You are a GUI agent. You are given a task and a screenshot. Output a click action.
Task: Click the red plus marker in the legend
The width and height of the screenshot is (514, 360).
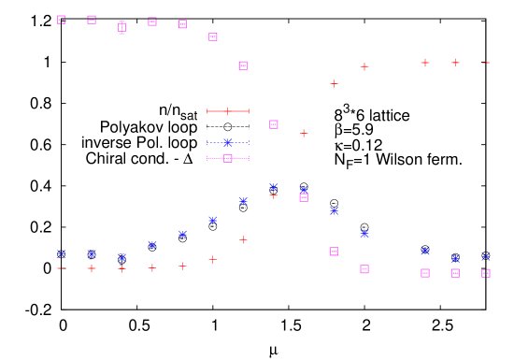(x=228, y=111)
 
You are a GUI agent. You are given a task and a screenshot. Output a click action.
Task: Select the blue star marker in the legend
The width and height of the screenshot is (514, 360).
(x=228, y=143)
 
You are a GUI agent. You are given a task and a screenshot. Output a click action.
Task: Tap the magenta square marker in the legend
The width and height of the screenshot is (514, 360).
(x=228, y=159)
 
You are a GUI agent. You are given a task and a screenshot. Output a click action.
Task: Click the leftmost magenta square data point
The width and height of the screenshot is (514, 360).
(x=62, y=20)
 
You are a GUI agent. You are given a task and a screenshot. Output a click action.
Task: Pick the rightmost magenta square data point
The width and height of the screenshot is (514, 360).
(x=486, y=274)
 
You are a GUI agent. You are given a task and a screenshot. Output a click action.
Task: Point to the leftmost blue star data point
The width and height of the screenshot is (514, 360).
(x=62, y=253)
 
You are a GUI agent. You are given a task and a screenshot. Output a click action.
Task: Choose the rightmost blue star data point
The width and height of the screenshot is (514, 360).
(x=486, y=256)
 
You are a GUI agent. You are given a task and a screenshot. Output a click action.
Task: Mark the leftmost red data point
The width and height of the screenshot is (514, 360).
(x=62, y=268)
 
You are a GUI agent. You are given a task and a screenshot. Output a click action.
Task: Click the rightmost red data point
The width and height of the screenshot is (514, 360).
(x=486, y=63)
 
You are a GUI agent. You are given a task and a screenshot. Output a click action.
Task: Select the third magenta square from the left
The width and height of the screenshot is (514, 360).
(x=122, y=27)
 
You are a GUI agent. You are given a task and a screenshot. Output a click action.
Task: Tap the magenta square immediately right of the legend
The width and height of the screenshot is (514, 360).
(x=274, y=124)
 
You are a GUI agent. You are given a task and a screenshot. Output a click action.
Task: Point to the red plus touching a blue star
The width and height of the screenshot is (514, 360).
(x=274, y=194)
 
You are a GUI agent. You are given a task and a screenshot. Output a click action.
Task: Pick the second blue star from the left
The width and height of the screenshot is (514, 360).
(x=92, y=254)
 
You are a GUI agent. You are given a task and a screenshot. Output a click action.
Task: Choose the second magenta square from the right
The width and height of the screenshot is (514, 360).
(x=455, y=273)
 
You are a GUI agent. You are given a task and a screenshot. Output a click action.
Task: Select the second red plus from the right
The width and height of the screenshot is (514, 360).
(x=455, y=63)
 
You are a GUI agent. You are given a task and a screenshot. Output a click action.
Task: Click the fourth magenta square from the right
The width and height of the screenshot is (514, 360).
(x=364, y=269)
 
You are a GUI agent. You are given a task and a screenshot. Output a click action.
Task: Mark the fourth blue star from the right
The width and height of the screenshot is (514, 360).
(x=364, y=234)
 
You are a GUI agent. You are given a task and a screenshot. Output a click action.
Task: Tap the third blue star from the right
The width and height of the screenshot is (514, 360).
(x=425, y=251)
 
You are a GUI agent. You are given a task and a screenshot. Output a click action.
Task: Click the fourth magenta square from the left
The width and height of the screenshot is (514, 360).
(x=152, y=22)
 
